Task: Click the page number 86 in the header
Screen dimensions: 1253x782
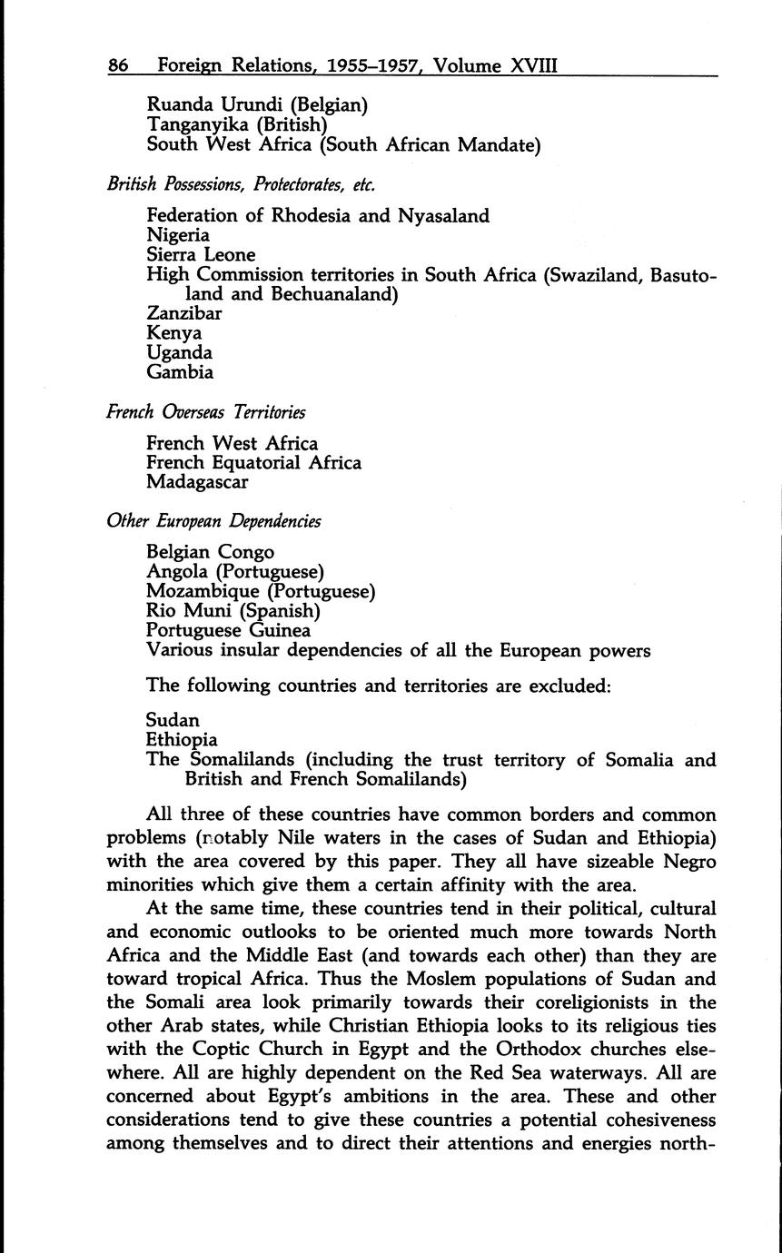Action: pos(118,65)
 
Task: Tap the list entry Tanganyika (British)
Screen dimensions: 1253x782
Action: pos(236,124)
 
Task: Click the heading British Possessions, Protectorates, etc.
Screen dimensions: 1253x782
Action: pos(241,184)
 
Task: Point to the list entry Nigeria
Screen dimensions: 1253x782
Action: pos(178,236)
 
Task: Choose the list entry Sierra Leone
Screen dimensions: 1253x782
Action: pos(201,255)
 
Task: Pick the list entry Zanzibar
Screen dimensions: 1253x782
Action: pos(184,313)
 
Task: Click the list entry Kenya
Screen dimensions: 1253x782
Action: pos(173,333)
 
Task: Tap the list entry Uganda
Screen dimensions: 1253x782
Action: pos(179,352)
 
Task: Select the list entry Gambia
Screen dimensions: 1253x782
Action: pos(180,372)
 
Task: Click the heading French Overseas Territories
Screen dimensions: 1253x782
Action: pos(206,412)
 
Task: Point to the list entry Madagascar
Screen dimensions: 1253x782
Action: pos(197,482)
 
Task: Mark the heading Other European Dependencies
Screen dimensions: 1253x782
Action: pos(213,522)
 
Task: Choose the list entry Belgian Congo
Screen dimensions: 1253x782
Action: pos(210,552)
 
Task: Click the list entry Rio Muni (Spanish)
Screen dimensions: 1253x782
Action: pos(233,611)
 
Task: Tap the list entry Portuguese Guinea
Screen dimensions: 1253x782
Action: pos(228,630)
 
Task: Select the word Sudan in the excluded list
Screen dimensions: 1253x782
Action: pos(173,721)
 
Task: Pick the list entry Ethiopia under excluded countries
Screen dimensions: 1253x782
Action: pos(182,740)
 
